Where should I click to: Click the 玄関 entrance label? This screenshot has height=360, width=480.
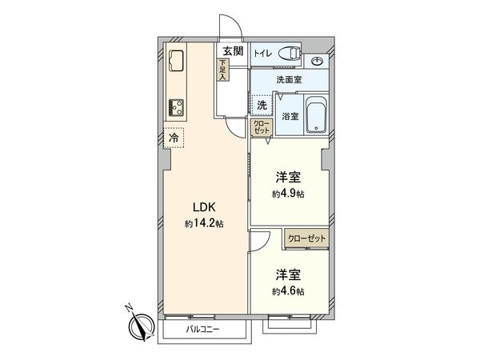tap(232, 52)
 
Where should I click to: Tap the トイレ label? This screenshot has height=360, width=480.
tap(263, 54)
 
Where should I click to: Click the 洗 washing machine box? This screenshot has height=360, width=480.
tap(262, 106)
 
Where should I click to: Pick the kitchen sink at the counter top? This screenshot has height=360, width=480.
tap(176, 59)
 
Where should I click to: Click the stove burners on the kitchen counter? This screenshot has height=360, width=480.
tap(176, 106)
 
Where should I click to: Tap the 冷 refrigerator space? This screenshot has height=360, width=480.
tap(174, 138)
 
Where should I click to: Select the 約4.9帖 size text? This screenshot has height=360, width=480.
tap(288, 194)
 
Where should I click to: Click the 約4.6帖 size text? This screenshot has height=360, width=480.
tap(288, 291)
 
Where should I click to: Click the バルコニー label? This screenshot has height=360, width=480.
tap(203, 330)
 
